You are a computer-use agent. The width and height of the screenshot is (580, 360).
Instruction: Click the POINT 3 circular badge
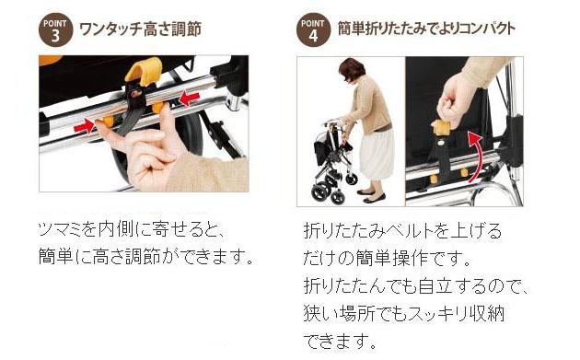[x=54, y=29]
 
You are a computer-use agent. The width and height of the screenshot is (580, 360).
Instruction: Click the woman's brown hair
[x=352, y=68]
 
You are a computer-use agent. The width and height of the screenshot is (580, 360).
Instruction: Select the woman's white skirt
[x=376, y=152]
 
